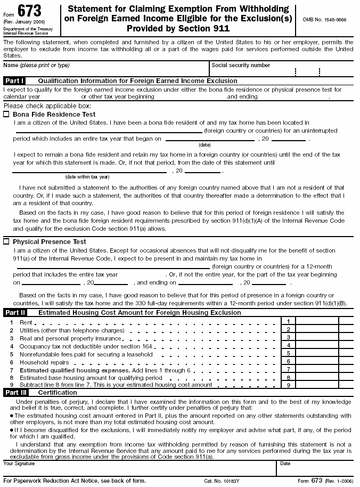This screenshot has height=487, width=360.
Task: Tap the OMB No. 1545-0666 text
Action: [324, 19]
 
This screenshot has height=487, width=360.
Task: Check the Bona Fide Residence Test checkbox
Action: [6, 114]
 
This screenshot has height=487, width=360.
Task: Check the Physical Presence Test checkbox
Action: [6, 241]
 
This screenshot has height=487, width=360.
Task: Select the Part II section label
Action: [15, 313]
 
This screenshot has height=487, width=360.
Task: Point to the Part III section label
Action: [15, 392]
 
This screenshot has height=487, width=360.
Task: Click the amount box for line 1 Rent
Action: [317, 322]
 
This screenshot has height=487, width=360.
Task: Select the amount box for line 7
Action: [317, 369]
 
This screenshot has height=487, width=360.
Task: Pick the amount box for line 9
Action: [317, 385]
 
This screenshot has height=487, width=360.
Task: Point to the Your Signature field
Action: [138, 469]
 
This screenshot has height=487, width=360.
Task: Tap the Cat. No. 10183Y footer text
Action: [222, 481]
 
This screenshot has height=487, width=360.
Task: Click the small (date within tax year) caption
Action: [87, 177]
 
